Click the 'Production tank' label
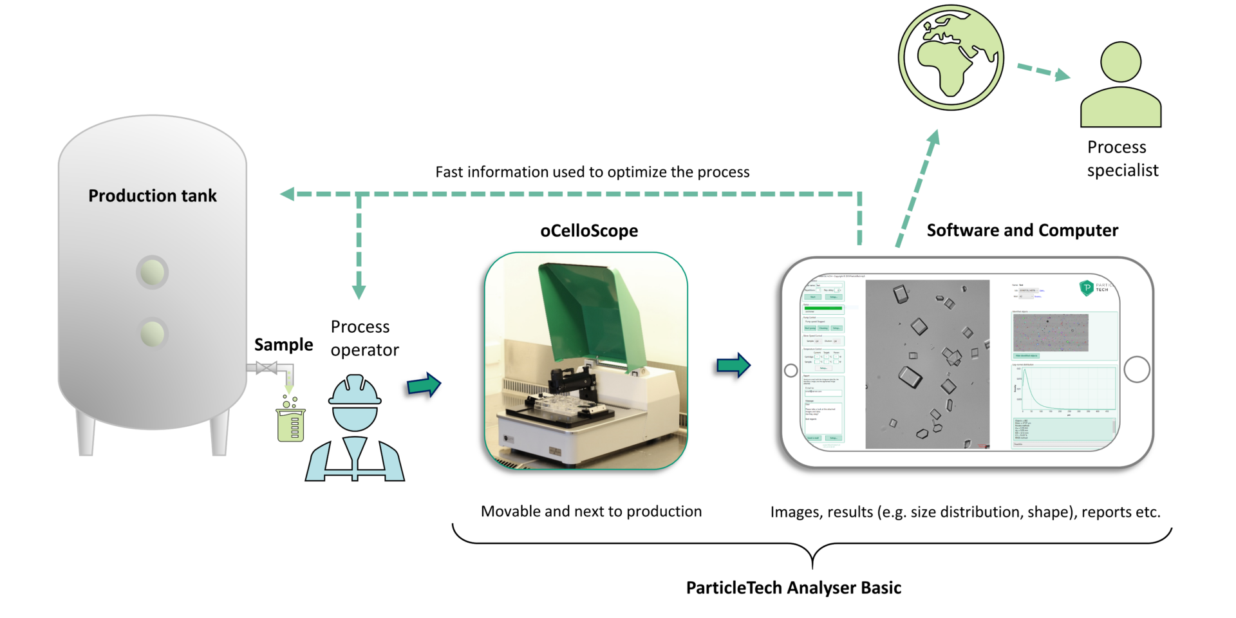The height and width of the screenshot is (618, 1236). [153, 196]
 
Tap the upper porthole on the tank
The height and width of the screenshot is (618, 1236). [153, 272]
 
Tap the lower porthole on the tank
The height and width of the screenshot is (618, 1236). [153, 333]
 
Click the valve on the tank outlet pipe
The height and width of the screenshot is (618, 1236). [266, 368]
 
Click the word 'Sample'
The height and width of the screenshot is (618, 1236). [283, 345]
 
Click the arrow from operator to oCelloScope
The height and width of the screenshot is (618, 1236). [424, 385]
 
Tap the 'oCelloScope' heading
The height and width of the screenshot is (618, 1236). [589, 231]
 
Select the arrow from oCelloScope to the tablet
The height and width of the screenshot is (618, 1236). [733, 366]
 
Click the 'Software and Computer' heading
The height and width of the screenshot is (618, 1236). [1022, 230]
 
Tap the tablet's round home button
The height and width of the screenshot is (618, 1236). [1136, 370]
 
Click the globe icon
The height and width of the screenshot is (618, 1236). [951, 58]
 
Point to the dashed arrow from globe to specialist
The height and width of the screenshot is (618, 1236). [1043, 71]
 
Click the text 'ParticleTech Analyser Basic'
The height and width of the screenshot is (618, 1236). [793, 588]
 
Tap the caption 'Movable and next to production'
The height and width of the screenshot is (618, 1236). [591, 512]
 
